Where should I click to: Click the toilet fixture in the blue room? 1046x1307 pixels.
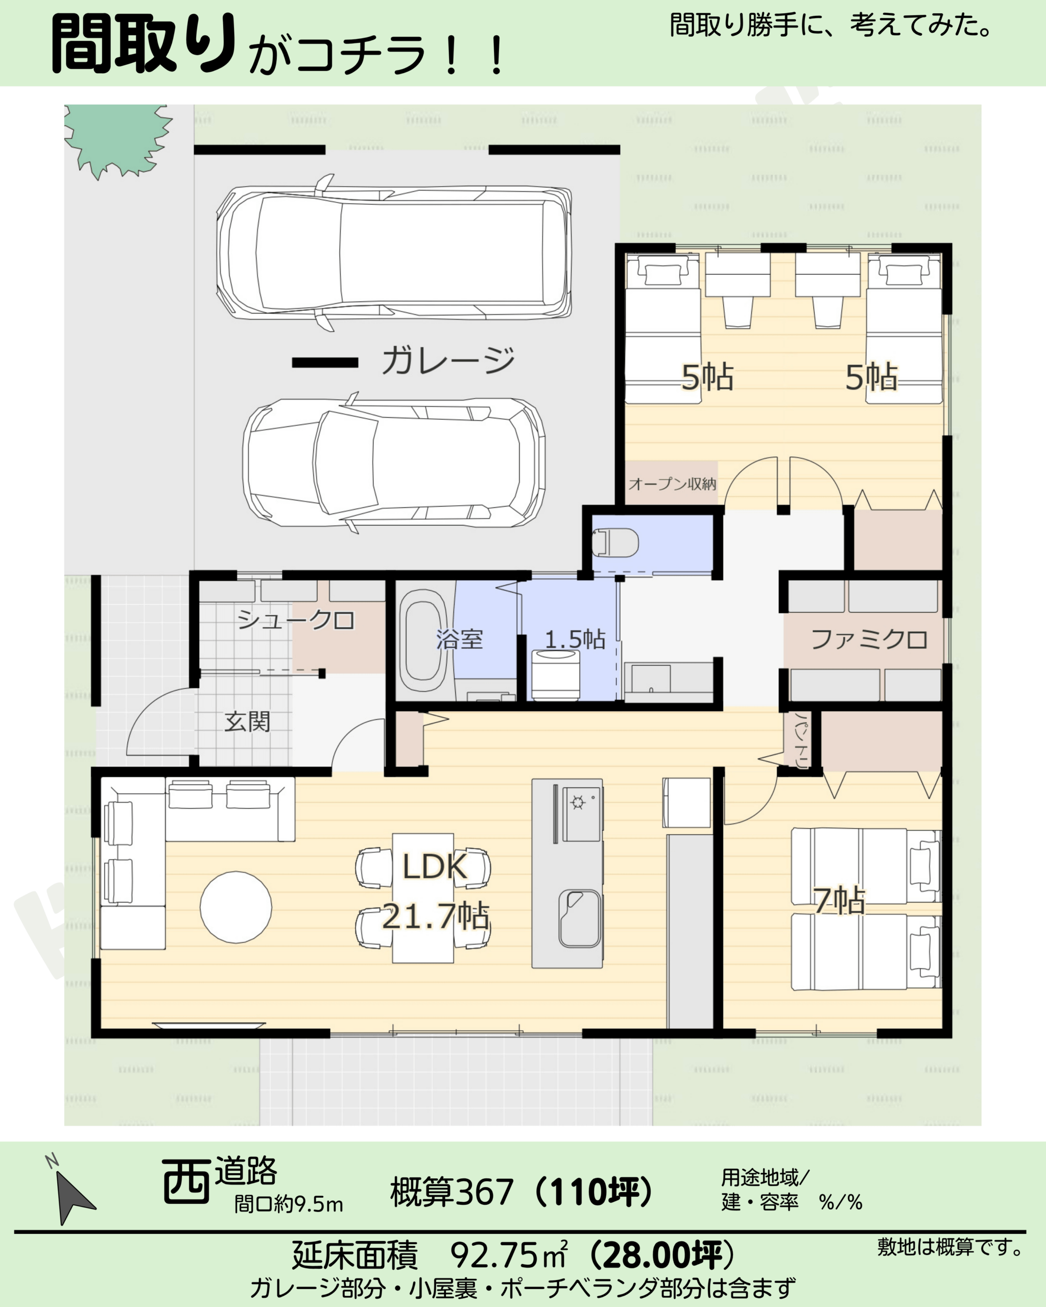pos(615,542)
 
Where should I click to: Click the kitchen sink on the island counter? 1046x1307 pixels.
pos(580,918)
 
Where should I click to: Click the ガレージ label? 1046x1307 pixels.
pos(448,360)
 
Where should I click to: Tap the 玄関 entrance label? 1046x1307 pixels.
pos(247,721)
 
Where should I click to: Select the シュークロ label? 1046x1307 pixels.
pos(295,620)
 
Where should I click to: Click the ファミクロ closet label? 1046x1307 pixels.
pos(869,640)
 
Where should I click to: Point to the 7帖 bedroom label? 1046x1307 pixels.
pos(840,901)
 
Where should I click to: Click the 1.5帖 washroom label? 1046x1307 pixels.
pos(575,639)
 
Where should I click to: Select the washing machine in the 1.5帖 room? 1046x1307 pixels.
pos(555,673)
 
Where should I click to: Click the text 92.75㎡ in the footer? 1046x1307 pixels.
pos(509,1254)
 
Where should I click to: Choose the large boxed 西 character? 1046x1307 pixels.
pos(186,1181)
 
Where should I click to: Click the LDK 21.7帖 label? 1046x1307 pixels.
pos(435,891)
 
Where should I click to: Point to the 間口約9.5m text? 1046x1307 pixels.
pos(289,1204)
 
